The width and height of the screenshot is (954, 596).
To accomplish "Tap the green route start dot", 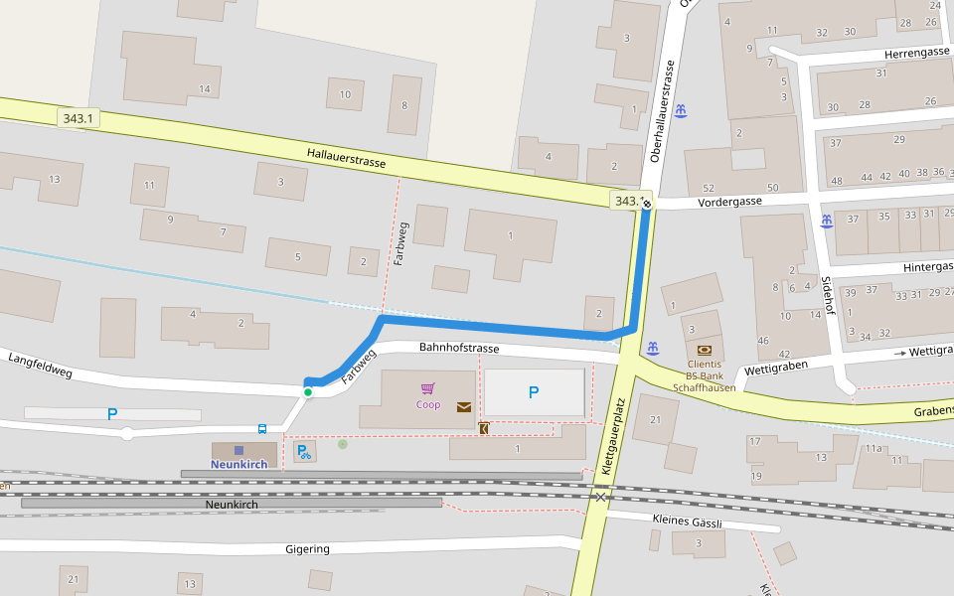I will click(x=308, y=392).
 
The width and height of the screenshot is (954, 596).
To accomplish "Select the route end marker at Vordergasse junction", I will click(x=647, y=203).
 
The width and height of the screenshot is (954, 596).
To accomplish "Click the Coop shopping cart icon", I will click(x=428, y=388).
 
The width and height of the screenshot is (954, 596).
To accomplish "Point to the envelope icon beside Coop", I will click(x=463, y=406).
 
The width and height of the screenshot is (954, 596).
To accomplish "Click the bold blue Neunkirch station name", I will click(x=238, y=464).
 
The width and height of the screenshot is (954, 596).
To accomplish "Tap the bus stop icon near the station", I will click(x=262, y=429).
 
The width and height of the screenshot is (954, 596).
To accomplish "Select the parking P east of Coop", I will click(x=534, y=392).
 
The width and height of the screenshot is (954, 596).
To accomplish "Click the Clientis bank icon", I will click(x=705, y=350).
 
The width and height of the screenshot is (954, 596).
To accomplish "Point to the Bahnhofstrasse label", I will click(x=459, y=349).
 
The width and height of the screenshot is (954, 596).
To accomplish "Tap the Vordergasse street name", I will click(x=729, y=201).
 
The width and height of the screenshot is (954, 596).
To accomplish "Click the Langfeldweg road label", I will click(x=42, y=365).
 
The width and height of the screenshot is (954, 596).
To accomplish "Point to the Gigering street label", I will click(x=307, y=548).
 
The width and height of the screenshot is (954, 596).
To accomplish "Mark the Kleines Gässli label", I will click(x=687, y=521).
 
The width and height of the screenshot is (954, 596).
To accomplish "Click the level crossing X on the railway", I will click(x=600, y=496).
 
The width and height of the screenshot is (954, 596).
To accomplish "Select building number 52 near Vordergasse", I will click(x=708, y=188).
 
